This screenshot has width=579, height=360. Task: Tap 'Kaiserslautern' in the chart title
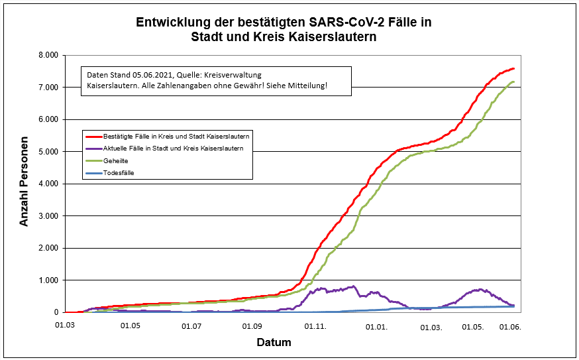pyautogui.click(x=335, y=38)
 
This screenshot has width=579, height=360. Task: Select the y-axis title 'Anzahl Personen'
pyautogui.click(x=25, y=182)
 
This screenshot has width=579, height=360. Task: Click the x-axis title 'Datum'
pyautogui.click(x=274, y=343)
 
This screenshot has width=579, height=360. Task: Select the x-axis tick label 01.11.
pyautogui.click(x=315, y=326)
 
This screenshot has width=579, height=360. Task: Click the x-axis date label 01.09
pyautogui.click(x=252, y=326)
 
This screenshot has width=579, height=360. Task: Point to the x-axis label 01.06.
pyautogui.click(x=511, y=326)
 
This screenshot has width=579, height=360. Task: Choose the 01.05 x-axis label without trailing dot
pyautogui.click(x=130, y=326)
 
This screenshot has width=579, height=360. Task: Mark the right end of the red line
pyautogui.click(x=514, y=69)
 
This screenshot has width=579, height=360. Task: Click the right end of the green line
pyautogui.click(x=514, y=82)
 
